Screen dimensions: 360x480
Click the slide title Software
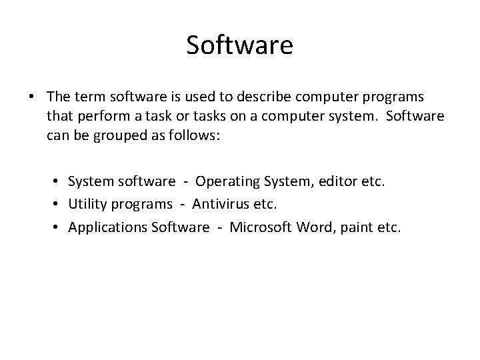[x=239, y=45]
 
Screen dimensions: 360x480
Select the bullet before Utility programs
[x=59, y=205]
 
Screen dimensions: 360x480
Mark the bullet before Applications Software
[x=59, y=228]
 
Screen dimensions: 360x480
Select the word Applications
[x=108, y=228]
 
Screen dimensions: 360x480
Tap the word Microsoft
[x=259, y=227]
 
